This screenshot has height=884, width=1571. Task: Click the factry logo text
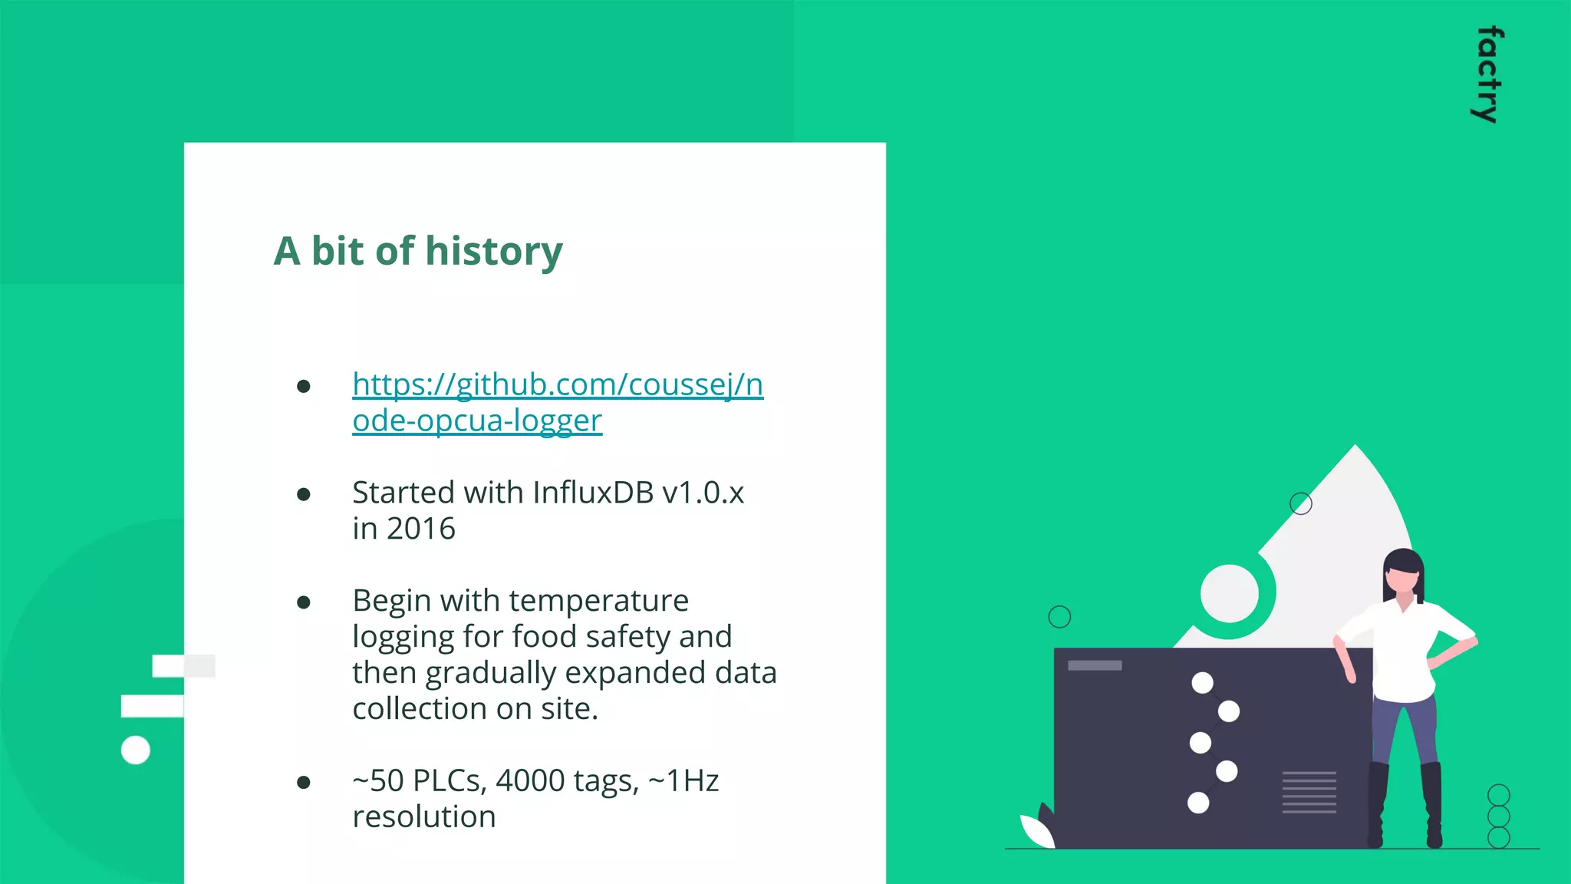pyautogui.click(x=1488, y=74)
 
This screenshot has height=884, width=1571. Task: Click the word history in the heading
pyautogui.click(x=494, y=252)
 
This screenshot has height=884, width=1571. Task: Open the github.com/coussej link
pyautogui.click(x=558, y=384)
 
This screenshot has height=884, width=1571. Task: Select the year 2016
pyautogui.click(x=420, y=529)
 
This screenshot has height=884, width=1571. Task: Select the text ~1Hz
pyautogui.click(x=683, y=781)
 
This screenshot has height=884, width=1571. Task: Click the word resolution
pyautogui.click(x=423, y=817)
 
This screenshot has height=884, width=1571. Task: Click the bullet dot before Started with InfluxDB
pyautogui.click(x=304, y=494)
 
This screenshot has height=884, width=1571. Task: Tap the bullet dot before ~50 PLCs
pyautogui.click(x=304, y=783)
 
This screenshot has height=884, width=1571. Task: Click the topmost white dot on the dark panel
pyautogui.click(x=1202, y=682)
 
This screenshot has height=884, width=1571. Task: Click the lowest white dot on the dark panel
pyautogui.click(x=1198, y=803)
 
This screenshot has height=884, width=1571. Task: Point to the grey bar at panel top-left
pyautogui.click(x=1095, y=665)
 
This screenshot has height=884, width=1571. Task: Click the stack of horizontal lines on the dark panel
pyautogui.click(x=1309, y=792)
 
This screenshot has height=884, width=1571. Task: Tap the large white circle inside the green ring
pyautogui.click(x=1229, y=593)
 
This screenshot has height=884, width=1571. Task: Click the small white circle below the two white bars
pyautogui.click(x=136, y=750)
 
